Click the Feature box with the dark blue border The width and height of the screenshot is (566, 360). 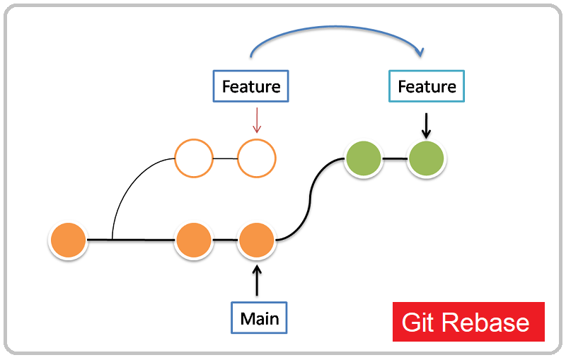251,86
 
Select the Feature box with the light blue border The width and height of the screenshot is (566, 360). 427,86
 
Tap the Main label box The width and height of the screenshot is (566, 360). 260,318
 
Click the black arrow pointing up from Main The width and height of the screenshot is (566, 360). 257,280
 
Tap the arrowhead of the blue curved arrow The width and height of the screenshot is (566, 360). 420,52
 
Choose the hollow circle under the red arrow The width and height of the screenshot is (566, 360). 256,158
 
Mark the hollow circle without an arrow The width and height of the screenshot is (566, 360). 194,158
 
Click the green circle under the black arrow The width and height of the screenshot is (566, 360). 427,158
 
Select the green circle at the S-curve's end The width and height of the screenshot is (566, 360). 364,158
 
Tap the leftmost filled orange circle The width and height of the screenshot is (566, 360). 68,240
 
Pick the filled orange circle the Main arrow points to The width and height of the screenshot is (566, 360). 257,240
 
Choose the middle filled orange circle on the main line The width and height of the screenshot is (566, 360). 194,240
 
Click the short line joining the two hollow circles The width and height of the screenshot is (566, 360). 225,158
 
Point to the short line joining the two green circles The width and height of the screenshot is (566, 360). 395,158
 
